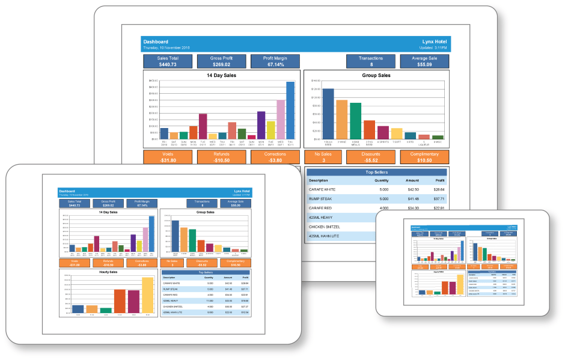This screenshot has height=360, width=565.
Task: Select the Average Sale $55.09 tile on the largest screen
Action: pyautogui.click(x=424, y=61)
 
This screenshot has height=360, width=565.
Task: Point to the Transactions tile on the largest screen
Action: pyautogui.click(x=371, y=61)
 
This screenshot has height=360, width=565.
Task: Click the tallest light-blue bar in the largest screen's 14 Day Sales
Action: pyautogui.click(x=290, y=110)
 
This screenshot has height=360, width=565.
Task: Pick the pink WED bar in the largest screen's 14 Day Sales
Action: pyautogui.click(x=281, y=119)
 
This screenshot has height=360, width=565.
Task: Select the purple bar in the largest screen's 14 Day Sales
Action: pyautogui.click(x=261, y=125)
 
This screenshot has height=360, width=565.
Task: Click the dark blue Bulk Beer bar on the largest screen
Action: pyautogui.click(x=328, y=114)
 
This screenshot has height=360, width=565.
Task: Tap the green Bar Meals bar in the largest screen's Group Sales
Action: pyautogui.click(x=356, y=121)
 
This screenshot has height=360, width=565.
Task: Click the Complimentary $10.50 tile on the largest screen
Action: pyautogui.click(x=424, y=157)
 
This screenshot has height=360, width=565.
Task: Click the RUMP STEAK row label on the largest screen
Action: pyautogui.click(x=322, y=198)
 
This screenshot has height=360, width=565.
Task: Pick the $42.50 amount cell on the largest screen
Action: pyautogui.click(x=412, y=189)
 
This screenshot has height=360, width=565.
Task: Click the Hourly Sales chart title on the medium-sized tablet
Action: pyautogui.click(x=109, y=272)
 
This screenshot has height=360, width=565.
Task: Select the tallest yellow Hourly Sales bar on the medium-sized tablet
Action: pyautogui.click(x=147, y=296)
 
